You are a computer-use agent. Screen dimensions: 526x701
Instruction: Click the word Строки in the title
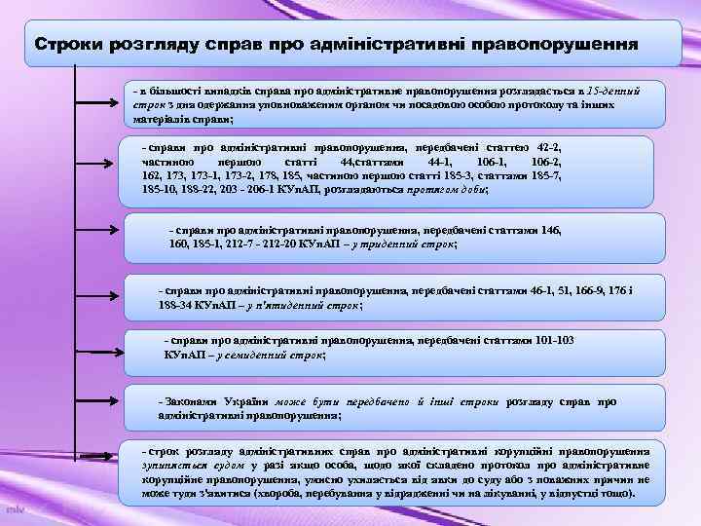point(67,45)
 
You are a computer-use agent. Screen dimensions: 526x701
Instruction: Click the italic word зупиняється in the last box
point(171,466)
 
